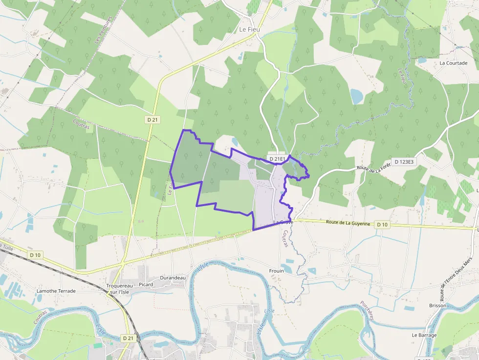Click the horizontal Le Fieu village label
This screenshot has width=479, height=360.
point(249,29)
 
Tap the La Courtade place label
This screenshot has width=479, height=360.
point(453,63)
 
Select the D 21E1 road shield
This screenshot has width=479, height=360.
point(277,159)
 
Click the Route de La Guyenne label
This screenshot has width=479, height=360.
point(348,223)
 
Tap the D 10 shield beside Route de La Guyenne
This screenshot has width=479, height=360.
point(382,225)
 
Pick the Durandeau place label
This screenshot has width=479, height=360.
point(173,277)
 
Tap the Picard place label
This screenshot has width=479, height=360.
point(146,284)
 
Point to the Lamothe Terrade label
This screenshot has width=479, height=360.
point(56,291)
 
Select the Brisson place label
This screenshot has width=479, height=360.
point(437,305)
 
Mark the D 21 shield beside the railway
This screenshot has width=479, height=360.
point(128,338)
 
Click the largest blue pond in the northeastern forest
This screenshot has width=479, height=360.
point(357,96)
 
